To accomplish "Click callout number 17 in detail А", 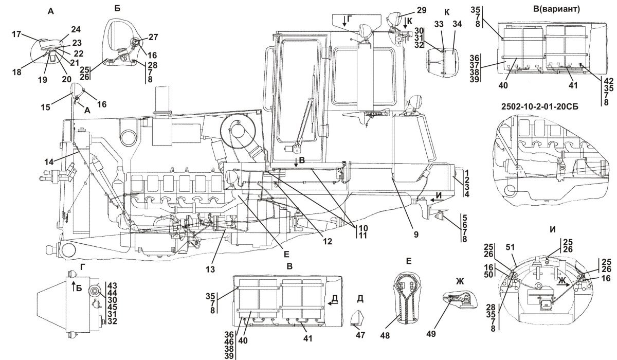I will (17, 35).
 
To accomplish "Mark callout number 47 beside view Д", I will (360, 335).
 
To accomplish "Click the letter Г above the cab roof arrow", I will (349, 19).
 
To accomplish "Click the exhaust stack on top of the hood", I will (162, 100).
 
